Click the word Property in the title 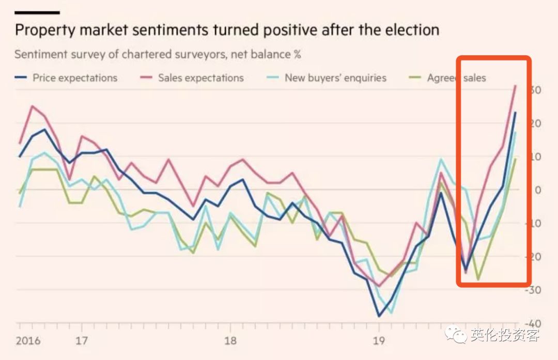point(45,30)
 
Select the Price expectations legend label point(75,78)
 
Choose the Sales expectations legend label point(200,78)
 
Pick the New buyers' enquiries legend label point(335,78)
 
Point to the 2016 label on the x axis point(28,341)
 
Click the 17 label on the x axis point(82,341)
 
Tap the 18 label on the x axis point(230,341)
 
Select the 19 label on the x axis point(379,341)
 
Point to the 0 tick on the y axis point(537,190)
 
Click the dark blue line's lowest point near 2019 point(379,316)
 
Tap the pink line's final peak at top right point(515,86)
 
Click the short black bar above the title point(37,12)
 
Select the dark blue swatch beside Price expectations point(21,79)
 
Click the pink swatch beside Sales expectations point(146,79)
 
